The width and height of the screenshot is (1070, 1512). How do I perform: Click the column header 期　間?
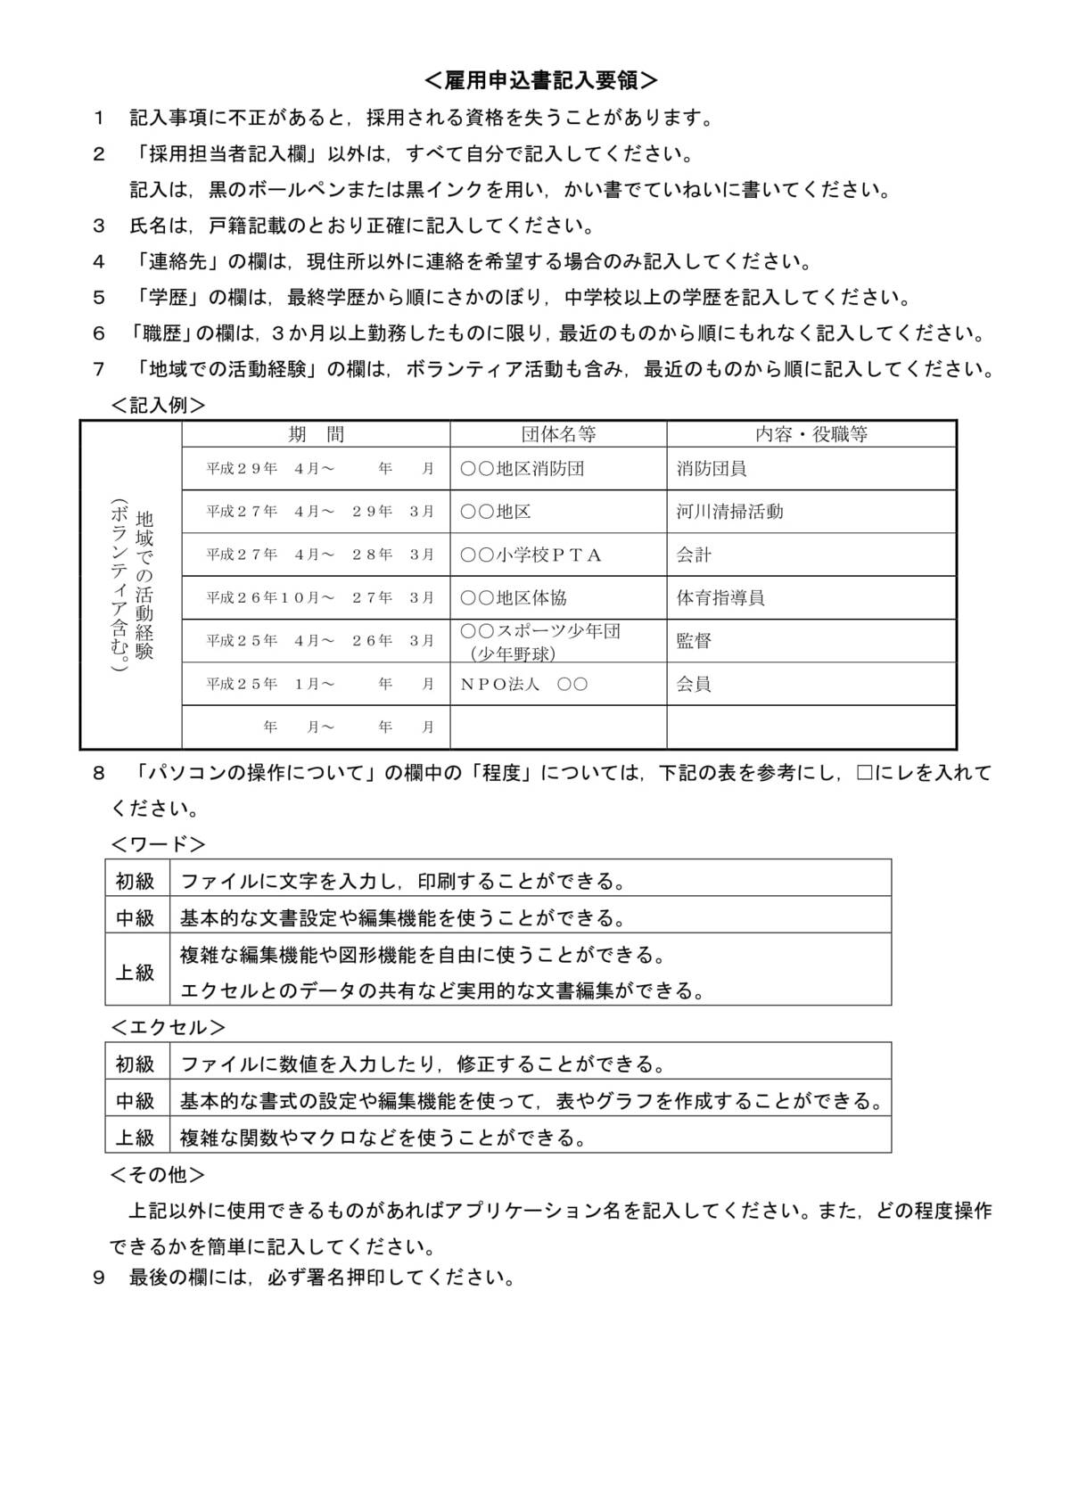coord(316,435)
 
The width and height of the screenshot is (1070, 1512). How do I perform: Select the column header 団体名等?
coord(558,435)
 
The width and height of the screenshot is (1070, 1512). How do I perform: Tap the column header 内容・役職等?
coord(811,435)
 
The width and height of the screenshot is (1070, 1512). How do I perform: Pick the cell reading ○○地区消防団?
coord(523,469)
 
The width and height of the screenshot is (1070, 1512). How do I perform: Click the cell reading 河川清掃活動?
coord(729,512)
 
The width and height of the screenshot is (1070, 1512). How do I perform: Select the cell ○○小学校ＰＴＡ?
coord(531,555)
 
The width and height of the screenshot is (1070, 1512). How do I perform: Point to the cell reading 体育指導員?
coord(720,597)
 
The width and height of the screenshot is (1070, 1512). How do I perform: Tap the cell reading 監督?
coord(694,641)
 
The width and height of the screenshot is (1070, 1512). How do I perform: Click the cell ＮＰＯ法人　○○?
coord(524,684)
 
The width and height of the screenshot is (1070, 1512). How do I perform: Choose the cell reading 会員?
coord(694,684)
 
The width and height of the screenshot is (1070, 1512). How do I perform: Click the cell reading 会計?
coord(694,555)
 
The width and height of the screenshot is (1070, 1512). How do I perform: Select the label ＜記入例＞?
coord(158,405)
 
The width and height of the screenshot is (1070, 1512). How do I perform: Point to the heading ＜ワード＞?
coord(158,843)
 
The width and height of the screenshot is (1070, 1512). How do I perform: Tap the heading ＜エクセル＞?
coord(168,1027)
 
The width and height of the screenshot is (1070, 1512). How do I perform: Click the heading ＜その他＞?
coord(158,1174)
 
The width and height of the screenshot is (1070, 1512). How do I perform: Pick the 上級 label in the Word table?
coord(136,972)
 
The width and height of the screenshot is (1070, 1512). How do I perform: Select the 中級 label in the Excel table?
coord(136,1101)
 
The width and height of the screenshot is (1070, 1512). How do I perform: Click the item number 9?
coord(99,1278)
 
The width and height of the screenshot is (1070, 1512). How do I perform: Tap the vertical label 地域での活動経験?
coord(144,585)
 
